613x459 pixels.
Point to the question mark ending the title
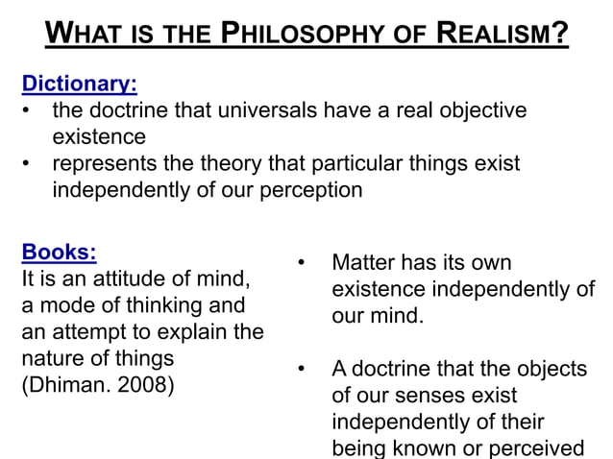point(561,36)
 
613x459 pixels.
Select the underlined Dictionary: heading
point(73,83)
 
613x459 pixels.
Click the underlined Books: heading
point(59,253)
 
